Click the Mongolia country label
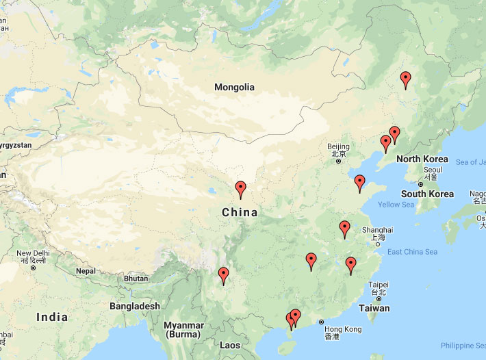(x=234, y=87)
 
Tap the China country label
(x=240, y=212)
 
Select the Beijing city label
(x=338, y=146)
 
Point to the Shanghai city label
(x=379, y=230)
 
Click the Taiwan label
(x=374, y=308)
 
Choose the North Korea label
(x=422, y=159)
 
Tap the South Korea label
(x=427, y=194)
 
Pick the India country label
(x=52, y=317)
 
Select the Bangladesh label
(x=135, y=306)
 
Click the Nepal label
(x=86, y=271)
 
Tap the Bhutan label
(x=136, y=279)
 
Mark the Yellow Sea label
(x=396, y=205)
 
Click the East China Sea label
(x=412, y=252)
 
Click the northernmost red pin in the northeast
(x=406, y=80)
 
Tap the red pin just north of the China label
(x=240, y=190)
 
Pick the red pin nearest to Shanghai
(x=345, y=229)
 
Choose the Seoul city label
(x=433, y=169)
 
